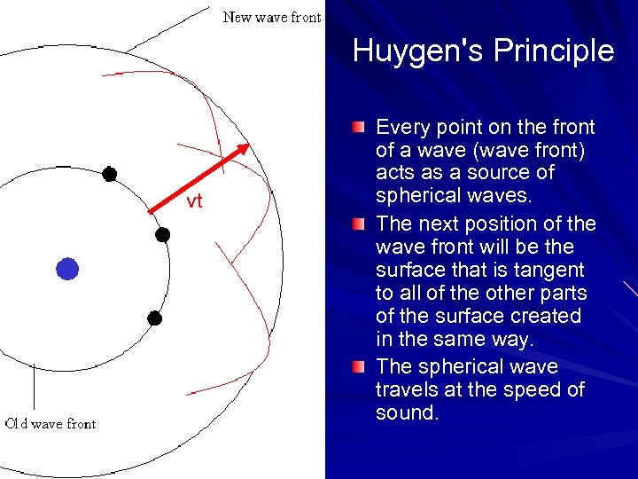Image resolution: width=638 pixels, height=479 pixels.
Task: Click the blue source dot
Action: point(67,269)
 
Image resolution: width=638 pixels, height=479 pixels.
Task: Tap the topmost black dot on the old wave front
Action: point(109,174)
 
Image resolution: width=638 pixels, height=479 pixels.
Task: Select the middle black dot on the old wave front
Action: point(162,235)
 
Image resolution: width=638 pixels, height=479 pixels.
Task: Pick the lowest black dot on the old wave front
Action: point(155,318)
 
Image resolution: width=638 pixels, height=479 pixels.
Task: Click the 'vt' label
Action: point(194,201)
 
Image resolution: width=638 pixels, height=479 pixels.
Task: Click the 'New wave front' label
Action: point(271,17)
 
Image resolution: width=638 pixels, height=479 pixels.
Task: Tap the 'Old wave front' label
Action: point(51,424)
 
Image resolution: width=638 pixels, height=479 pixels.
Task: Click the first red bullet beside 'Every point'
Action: point(357,128)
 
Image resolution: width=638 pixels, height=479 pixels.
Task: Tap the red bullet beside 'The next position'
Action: point(357,224)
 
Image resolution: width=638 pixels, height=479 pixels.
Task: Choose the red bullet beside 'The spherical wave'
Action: point(357,367)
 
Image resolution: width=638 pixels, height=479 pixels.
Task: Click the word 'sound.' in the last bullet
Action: point(407,412)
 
